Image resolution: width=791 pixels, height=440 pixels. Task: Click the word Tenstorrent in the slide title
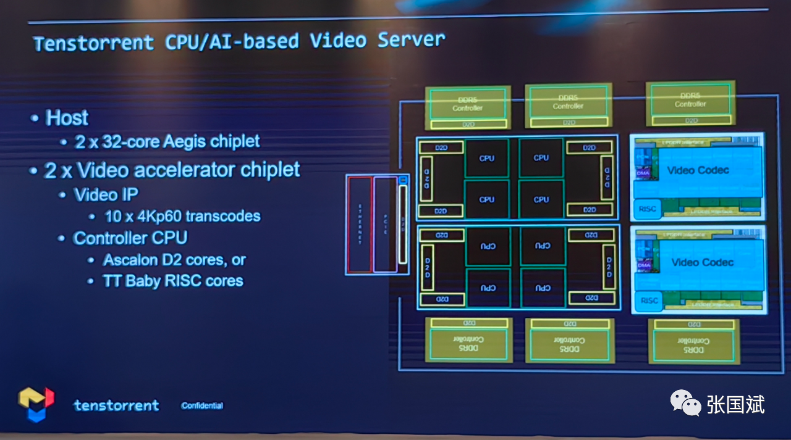tap(93, 43)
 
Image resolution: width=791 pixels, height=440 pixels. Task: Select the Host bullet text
tap(67, 118)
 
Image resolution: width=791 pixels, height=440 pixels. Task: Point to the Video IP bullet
tap(106, 195)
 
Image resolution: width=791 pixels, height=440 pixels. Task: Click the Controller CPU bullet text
tap(130, 238)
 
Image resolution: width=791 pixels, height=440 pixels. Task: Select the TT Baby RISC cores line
tap(172, 281)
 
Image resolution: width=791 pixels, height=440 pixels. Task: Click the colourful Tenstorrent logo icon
tap(36, 404)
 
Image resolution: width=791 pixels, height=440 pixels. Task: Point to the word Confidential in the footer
tap(202, 406)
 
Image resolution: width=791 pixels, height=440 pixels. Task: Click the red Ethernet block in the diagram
tap(360, 225)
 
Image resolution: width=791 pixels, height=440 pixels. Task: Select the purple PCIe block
tap(385, 225)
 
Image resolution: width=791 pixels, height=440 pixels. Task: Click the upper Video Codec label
tap(698, 170)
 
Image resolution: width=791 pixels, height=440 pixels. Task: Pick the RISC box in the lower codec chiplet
tap(649, 301)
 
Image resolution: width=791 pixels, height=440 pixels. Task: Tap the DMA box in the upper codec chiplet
tap(643, 173)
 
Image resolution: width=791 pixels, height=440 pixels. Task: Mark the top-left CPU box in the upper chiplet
tap(486, 158)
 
